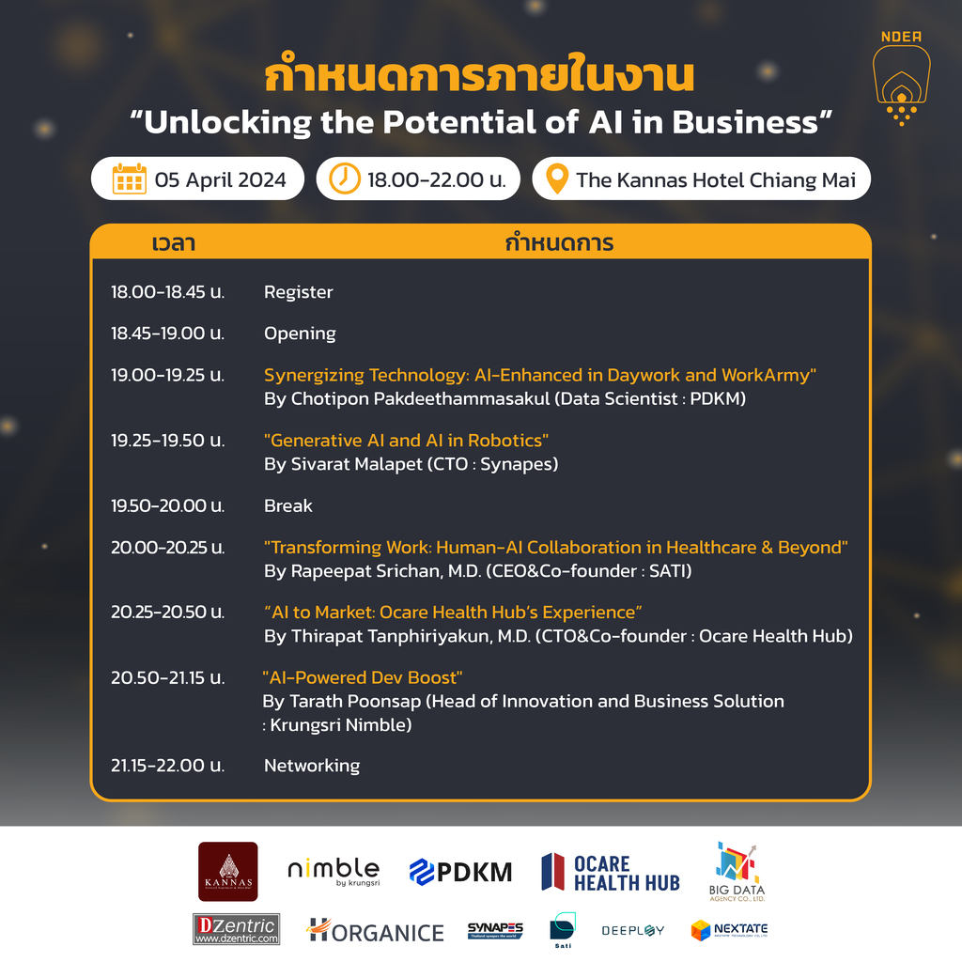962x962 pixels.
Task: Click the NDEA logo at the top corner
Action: click(902, 79)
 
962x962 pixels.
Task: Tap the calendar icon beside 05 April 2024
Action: click(130, 178)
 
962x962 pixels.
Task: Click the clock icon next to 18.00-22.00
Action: click(345, 178)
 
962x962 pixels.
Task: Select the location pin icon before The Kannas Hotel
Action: click(557, 178)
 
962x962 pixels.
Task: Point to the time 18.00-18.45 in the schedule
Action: click(167, 292)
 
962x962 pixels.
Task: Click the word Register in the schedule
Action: click(298, 292)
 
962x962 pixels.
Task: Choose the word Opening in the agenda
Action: click(300, 334)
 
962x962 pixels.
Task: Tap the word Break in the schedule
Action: click(287, 505)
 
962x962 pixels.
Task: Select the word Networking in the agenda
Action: click(311, 766)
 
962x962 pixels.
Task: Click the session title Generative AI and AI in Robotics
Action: click(406, 441)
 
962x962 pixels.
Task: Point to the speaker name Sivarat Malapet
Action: click(356, 464)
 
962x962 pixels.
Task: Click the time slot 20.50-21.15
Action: click(167, 677)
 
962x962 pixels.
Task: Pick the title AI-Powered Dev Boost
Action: click(363, 677)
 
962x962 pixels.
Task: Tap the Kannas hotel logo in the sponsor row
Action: click(228, 872)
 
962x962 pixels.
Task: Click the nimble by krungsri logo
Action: click(334, 871)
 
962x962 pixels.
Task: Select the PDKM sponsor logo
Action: click(460, 872)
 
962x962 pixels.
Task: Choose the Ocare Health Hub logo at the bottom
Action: click(611, 873)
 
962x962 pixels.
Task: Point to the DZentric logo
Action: click(236, 929)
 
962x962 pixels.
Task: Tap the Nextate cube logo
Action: click(729, 930)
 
